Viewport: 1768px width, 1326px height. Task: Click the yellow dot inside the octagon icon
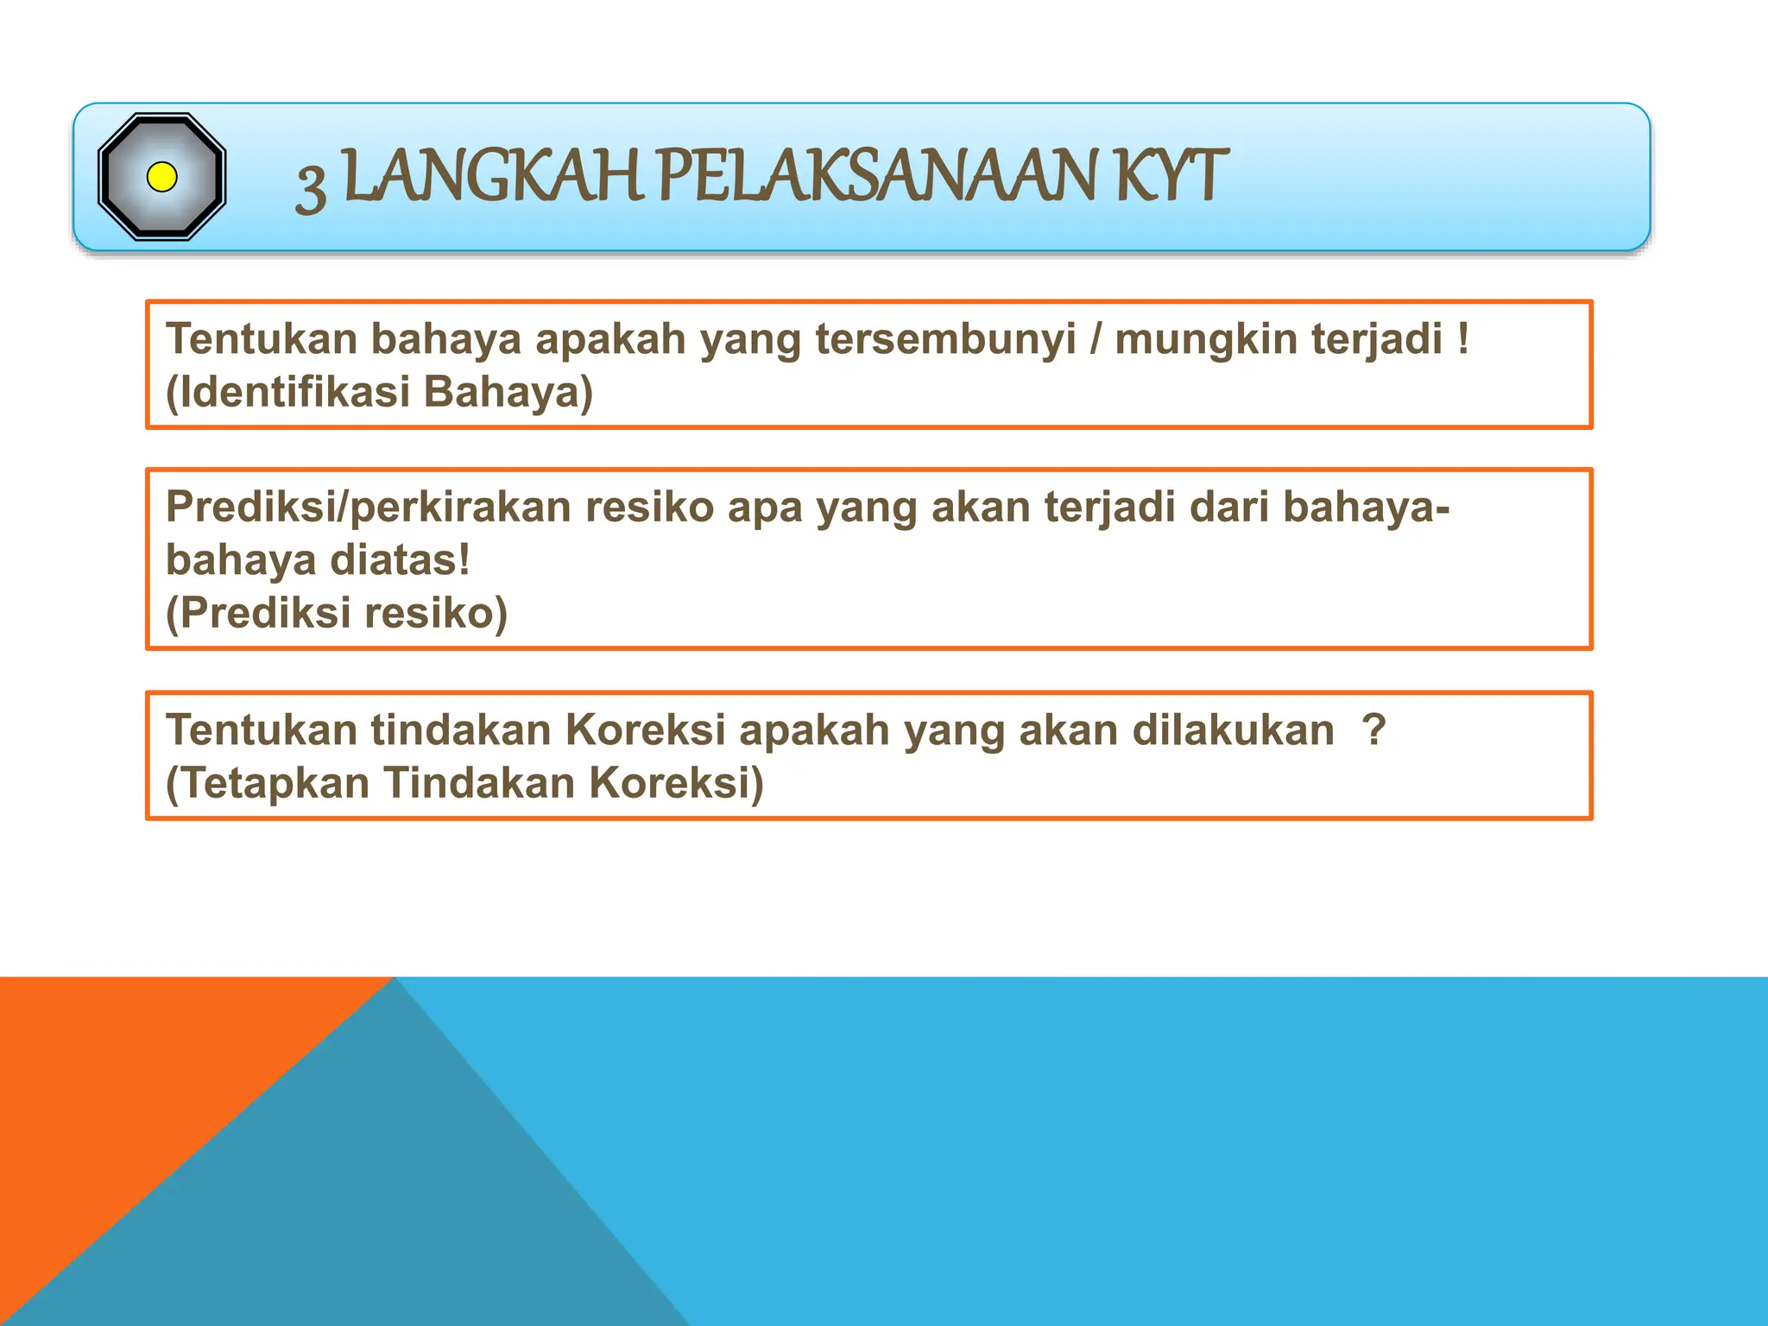coord(162,177)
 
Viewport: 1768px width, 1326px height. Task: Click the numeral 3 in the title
coord(311,186)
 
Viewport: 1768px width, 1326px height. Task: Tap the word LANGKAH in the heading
coord(493,177)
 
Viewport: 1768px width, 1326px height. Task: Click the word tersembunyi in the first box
coord(945,339)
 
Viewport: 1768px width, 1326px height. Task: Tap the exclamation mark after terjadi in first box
coord(1462,338)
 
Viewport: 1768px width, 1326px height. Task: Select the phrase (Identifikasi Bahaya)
coord(379,392)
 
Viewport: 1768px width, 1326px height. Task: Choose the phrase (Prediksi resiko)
coord(337,614)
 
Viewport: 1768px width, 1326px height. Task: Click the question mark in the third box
coord(1373,729)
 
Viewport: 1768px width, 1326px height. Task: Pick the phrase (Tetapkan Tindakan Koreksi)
coord(464,784)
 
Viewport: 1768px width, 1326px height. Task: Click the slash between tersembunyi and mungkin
coord(1096,339)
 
